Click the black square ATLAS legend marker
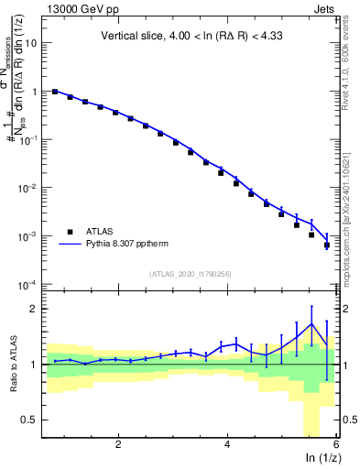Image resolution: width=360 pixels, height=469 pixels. (68, 232)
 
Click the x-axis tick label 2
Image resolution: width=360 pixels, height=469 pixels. (118, 444)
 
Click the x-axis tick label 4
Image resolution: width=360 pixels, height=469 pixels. (227, 444)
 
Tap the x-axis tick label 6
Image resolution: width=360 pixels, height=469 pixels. (336, 444)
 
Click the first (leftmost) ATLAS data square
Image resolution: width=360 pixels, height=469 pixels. (55, 92)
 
